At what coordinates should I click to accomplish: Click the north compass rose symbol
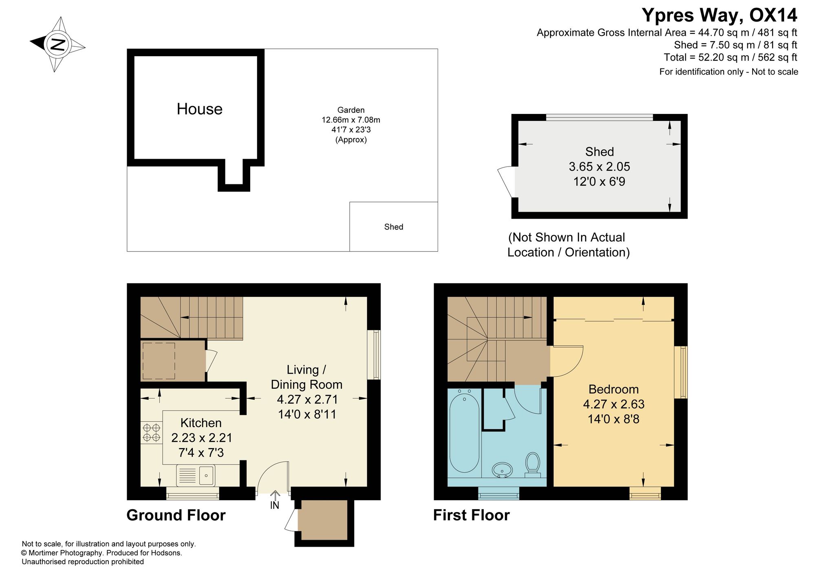[x=57, y=44]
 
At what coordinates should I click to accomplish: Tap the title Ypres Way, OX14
[x=719, y=15]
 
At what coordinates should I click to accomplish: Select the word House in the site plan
[x=200, y=109]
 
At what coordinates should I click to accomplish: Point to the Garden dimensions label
[x=351, y=125]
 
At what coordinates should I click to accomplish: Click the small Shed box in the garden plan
[x=394, y=227]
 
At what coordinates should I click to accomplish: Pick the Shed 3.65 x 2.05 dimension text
[x=599, y=166]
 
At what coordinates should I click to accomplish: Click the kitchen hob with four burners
[x=151, y=432]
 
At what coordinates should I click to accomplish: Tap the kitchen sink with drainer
[x=196, y=475]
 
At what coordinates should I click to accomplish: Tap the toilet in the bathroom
[x=533, y=465]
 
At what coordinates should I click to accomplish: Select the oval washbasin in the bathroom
[x=502, y=470]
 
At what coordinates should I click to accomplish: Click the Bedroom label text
[x=614, y=389]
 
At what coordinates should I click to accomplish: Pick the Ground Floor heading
[x=176, y=515]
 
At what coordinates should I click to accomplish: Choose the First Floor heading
[x=471, y=515]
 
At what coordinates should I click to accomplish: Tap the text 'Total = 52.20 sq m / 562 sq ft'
[x=730, y=57]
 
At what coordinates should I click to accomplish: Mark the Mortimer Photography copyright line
[x=102, y=553]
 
